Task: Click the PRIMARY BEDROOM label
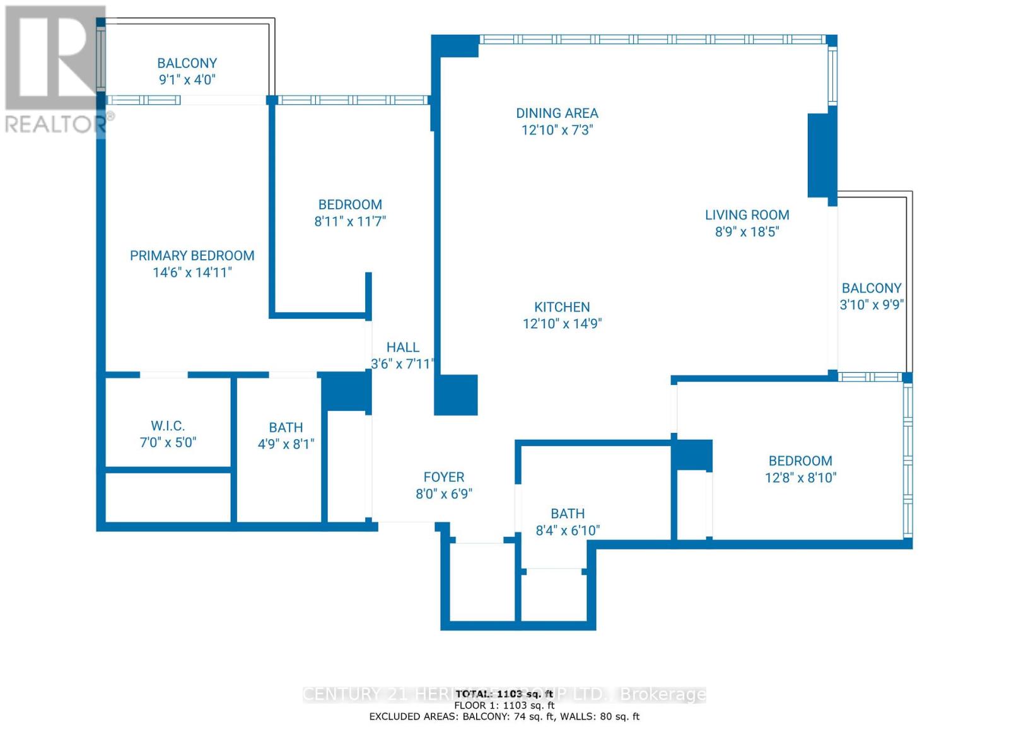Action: (x=192, y=256)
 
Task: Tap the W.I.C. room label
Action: (x=168, y=426)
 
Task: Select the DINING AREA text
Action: (x=557, y=114)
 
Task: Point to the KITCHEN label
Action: (x=562, y=307)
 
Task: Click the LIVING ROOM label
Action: (x=747, y=215)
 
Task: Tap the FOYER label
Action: (x=443, y=477)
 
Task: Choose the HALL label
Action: (x=402, y=347)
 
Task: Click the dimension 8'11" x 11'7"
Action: (x=350, y=221)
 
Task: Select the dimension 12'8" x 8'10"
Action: (x=800, y=478)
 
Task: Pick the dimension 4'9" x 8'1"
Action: (x=286, y=444)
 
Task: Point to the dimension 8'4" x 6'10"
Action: (x=568, y=531)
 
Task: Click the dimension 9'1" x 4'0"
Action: (x=187, y=79)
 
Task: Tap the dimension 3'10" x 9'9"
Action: (x=872, y=305)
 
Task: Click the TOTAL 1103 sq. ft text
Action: (x=504, y=693)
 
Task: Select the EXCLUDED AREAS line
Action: (x=504, y=716)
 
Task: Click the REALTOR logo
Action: (x=55, y=69)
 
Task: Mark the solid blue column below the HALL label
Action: (x=455, y=395)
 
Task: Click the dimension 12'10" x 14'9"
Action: (x=562, y=324)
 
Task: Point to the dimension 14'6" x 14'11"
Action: (x=192, y=273)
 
